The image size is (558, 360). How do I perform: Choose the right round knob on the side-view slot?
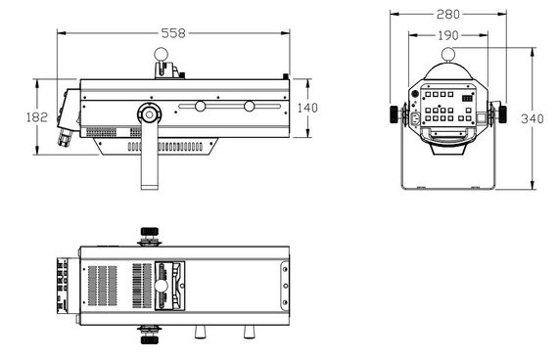tap(249, 106)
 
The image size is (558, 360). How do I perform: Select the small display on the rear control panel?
tap(468, 98)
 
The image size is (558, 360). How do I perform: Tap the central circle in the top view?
tap(159, 286)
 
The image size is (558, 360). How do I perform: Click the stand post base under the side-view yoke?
tap(148, 181)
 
